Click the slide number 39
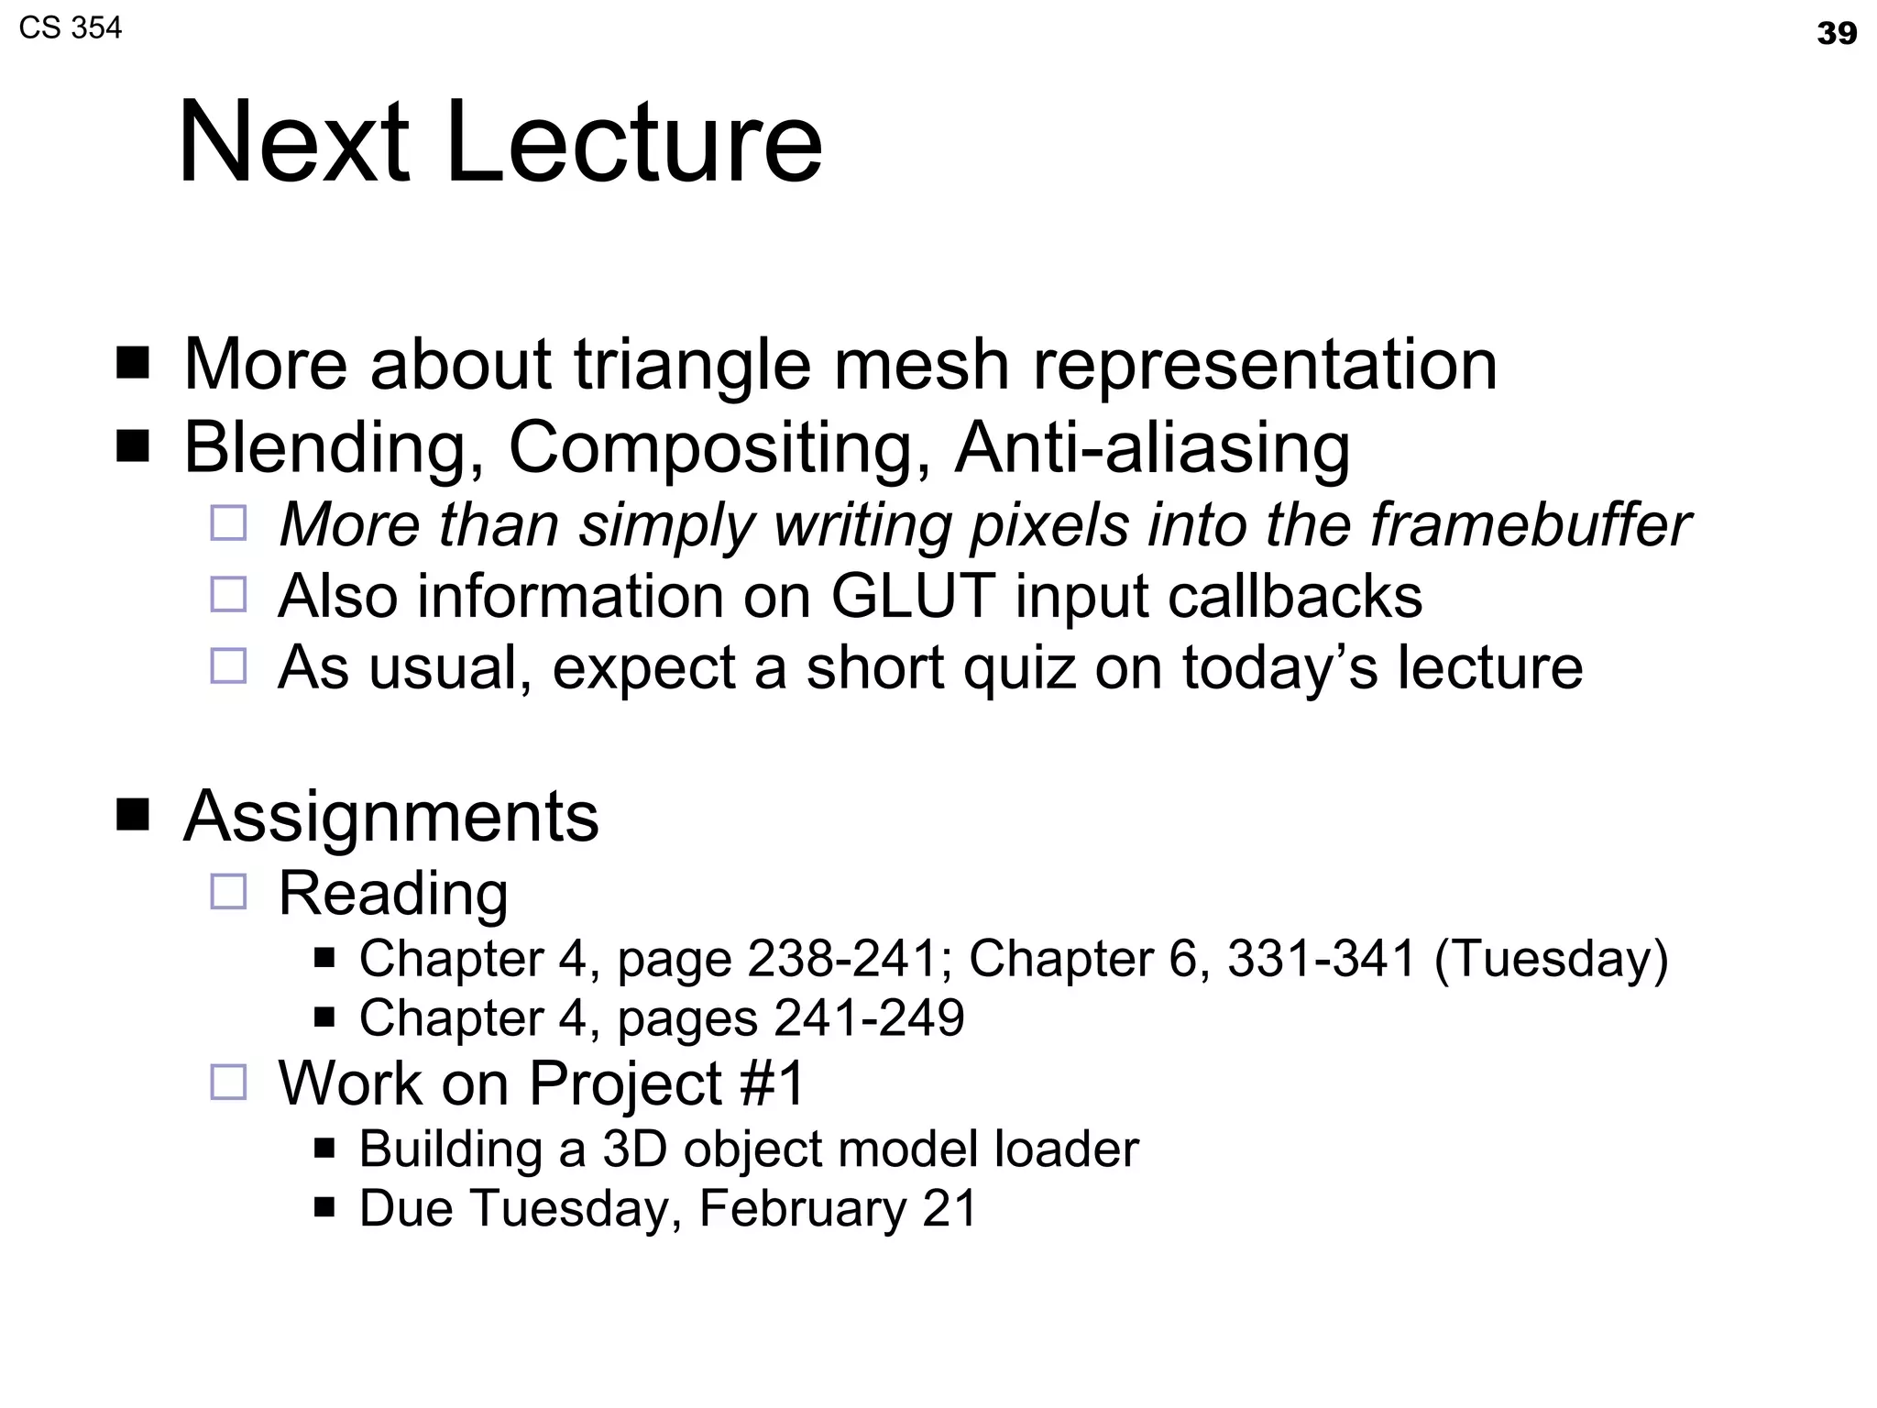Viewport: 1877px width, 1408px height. coord(1836,34)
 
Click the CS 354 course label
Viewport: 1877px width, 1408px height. coord(70,28)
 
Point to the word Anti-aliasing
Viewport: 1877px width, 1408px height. coord(1152,448)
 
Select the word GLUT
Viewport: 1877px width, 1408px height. coord(913,596)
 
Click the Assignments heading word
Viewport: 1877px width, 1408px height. coord(391,816)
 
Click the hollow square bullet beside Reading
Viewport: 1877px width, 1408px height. coord(228,891)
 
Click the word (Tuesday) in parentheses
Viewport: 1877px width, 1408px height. coord(1551,959)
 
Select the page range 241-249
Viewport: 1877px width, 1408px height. coord(869,1017)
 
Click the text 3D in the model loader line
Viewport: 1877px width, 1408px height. coord(634,1149)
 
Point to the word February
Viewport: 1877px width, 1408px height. coord(802,1208)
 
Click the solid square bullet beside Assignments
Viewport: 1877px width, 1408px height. coord(133,813)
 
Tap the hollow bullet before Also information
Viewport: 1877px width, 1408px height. coord(228,594)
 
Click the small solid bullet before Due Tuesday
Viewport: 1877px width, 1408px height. coord(324,1205)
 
